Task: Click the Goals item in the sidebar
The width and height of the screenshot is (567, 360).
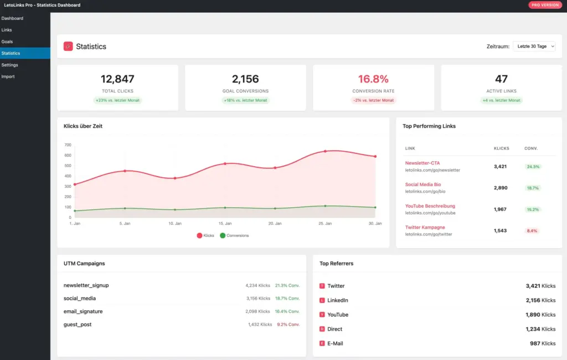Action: point(7,42)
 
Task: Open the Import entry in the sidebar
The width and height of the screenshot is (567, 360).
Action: point(8,76)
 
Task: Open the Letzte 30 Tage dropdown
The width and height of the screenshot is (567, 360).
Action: point(534,47)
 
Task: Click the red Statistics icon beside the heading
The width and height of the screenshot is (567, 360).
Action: point(68,47)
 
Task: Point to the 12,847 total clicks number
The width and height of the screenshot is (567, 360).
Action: point(117,79)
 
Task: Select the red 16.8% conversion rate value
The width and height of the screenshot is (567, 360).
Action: point(373,79)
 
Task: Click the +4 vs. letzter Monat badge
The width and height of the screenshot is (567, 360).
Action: point(501,100)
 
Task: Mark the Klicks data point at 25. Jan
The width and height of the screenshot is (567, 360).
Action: point(325,151)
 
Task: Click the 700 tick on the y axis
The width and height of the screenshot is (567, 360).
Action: point(68,145)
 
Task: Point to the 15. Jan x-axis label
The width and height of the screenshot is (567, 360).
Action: point(225,223)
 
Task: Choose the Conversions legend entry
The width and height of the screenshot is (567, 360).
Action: point(234,235)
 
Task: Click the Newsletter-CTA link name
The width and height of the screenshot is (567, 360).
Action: point(422,163)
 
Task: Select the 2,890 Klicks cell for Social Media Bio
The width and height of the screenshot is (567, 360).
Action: point(501,188)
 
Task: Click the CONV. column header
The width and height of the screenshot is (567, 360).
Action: point(531,148)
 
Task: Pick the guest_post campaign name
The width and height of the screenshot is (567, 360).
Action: point(78,325)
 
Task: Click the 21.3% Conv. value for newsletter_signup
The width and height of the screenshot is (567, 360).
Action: point(287,286)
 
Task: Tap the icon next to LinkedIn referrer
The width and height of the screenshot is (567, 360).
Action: point(322,300)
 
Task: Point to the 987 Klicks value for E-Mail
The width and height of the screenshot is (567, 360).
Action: point(542,343)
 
